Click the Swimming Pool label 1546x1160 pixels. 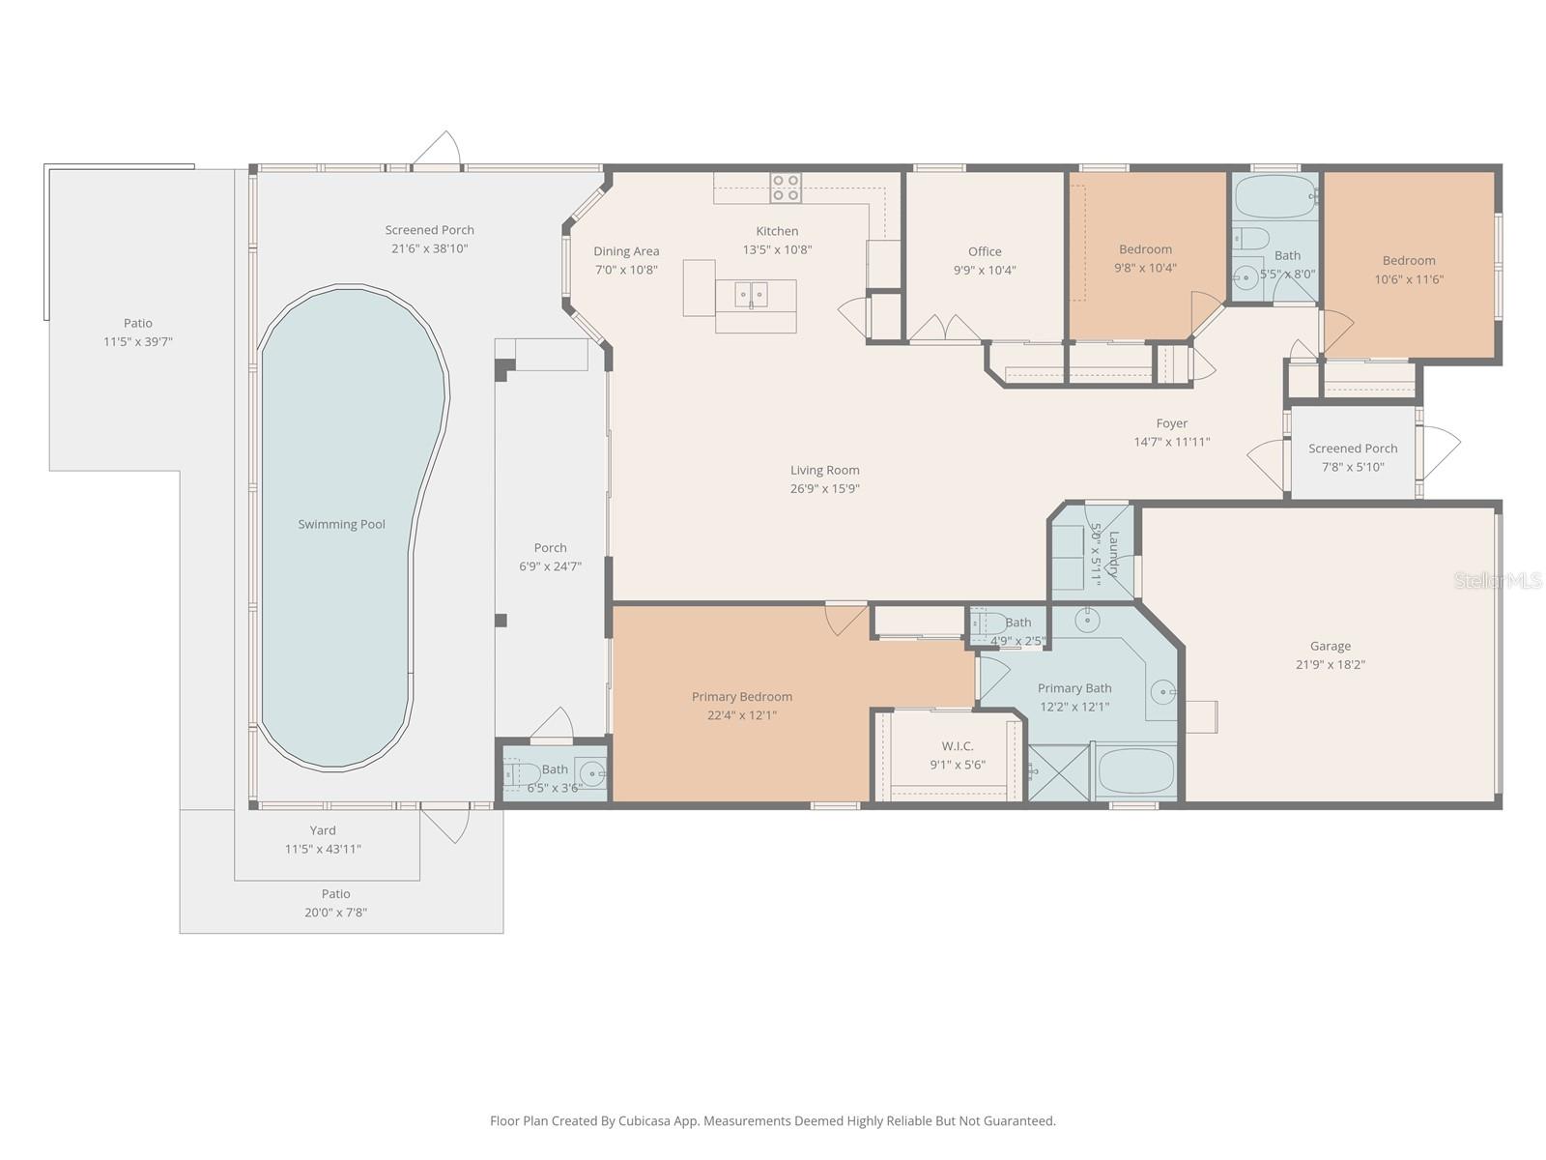coord(341,524)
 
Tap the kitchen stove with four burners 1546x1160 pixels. coord(786,188)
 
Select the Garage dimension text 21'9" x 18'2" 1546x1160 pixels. coord(1331,664)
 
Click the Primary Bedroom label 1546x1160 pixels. coord(742,696)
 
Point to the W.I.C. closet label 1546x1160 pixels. coord(958,746)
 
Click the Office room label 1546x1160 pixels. coord(985,251)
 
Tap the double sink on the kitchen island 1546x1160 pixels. coord(752,291)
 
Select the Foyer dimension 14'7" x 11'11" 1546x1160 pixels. coord(1172,442)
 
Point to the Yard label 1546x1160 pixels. coord(323,830)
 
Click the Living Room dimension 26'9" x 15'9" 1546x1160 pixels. coord(824,488)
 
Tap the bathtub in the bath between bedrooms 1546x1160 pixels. coord(1274,196)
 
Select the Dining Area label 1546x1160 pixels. coord(626,251)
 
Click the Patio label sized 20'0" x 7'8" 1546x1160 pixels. coord(336,894)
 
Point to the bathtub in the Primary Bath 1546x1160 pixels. coord(1135,770)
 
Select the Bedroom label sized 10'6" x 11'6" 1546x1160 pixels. coord(1409,260)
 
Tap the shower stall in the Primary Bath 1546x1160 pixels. coord(1056,772)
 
